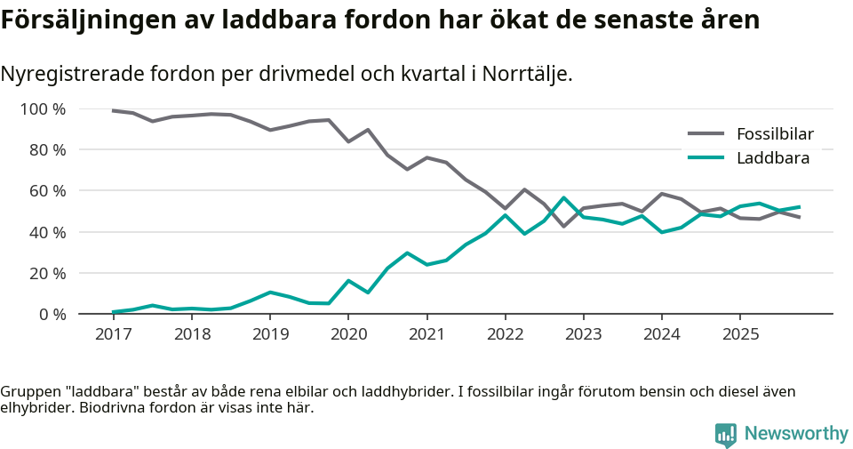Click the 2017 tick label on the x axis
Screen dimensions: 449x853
click(113, 334)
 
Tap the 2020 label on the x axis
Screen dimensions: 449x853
click(348, 334)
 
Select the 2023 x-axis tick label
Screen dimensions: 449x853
click(584, 334)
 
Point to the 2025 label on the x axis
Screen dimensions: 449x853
click(741, 334)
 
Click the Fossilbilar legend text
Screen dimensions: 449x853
click(775, 134)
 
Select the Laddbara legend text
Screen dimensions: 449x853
click(772, 158)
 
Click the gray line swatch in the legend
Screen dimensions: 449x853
click(706, 134)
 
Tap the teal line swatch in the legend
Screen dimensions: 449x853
click(706, 158)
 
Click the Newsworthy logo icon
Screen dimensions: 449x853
click(726, 434)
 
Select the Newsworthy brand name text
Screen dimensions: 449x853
click(796, 434)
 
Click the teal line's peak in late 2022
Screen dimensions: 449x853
click(563, 197)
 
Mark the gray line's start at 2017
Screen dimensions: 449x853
click(113, 110)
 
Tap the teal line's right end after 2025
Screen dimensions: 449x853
click(800, 206)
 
